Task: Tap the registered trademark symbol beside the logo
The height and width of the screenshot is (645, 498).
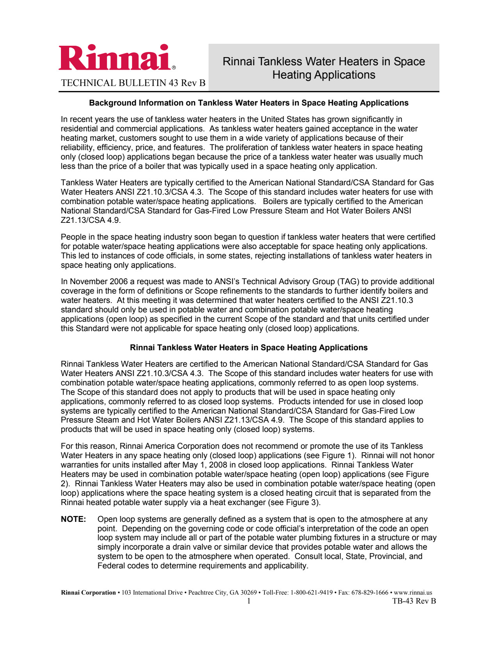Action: (x=174, y=68)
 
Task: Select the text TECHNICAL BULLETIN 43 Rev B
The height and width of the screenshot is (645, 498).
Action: (x=133, y=83)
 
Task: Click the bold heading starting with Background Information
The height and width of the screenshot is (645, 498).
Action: (x=248, y=103)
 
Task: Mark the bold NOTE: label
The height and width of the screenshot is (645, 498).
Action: (x=73, y=519)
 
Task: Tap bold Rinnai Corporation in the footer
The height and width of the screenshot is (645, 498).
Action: (x=88, y=593)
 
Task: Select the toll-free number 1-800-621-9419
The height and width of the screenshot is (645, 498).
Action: (x=311, y=593)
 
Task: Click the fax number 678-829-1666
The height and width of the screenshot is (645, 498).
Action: (x=370, y=593)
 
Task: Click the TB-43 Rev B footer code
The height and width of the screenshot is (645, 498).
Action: (x=414, y=601)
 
